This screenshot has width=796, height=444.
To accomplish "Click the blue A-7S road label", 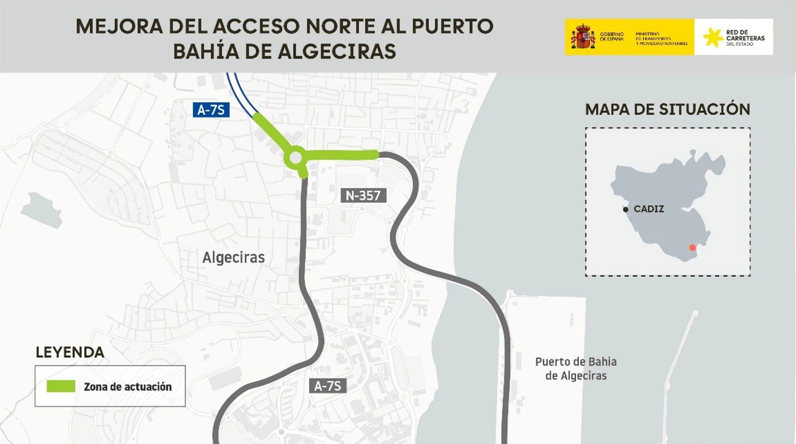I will coord(211,110).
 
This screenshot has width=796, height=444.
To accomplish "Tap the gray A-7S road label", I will coord(328,386).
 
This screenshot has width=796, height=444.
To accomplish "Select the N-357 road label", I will coord(363,195).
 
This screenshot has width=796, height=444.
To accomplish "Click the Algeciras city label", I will coord(233,257).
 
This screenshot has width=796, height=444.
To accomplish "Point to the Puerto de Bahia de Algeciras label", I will coord(576,369).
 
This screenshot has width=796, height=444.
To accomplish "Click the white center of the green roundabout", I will coord(296,158).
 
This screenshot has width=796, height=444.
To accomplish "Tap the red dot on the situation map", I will coord(692,248).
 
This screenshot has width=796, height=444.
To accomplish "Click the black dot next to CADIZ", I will coord(626,209).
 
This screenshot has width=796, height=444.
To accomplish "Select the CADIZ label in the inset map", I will coord(649,209).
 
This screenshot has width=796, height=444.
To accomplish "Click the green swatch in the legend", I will coord(61,386).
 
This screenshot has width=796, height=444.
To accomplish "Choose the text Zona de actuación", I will coord(128,387).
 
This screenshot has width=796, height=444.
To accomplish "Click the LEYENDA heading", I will coord(70,352).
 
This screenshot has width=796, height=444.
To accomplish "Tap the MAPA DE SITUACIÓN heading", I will coord(667,109).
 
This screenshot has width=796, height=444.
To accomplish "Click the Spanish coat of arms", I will coord(583,36).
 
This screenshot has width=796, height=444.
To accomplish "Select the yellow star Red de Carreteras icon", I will coord(713,37).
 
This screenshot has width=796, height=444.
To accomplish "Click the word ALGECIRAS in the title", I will coord(337,51).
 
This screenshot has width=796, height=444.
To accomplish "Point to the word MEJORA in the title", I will coord(119,26).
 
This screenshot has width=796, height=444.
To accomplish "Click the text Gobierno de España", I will coord(612,36).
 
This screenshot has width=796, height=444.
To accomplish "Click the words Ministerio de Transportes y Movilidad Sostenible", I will coord(662,39).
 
